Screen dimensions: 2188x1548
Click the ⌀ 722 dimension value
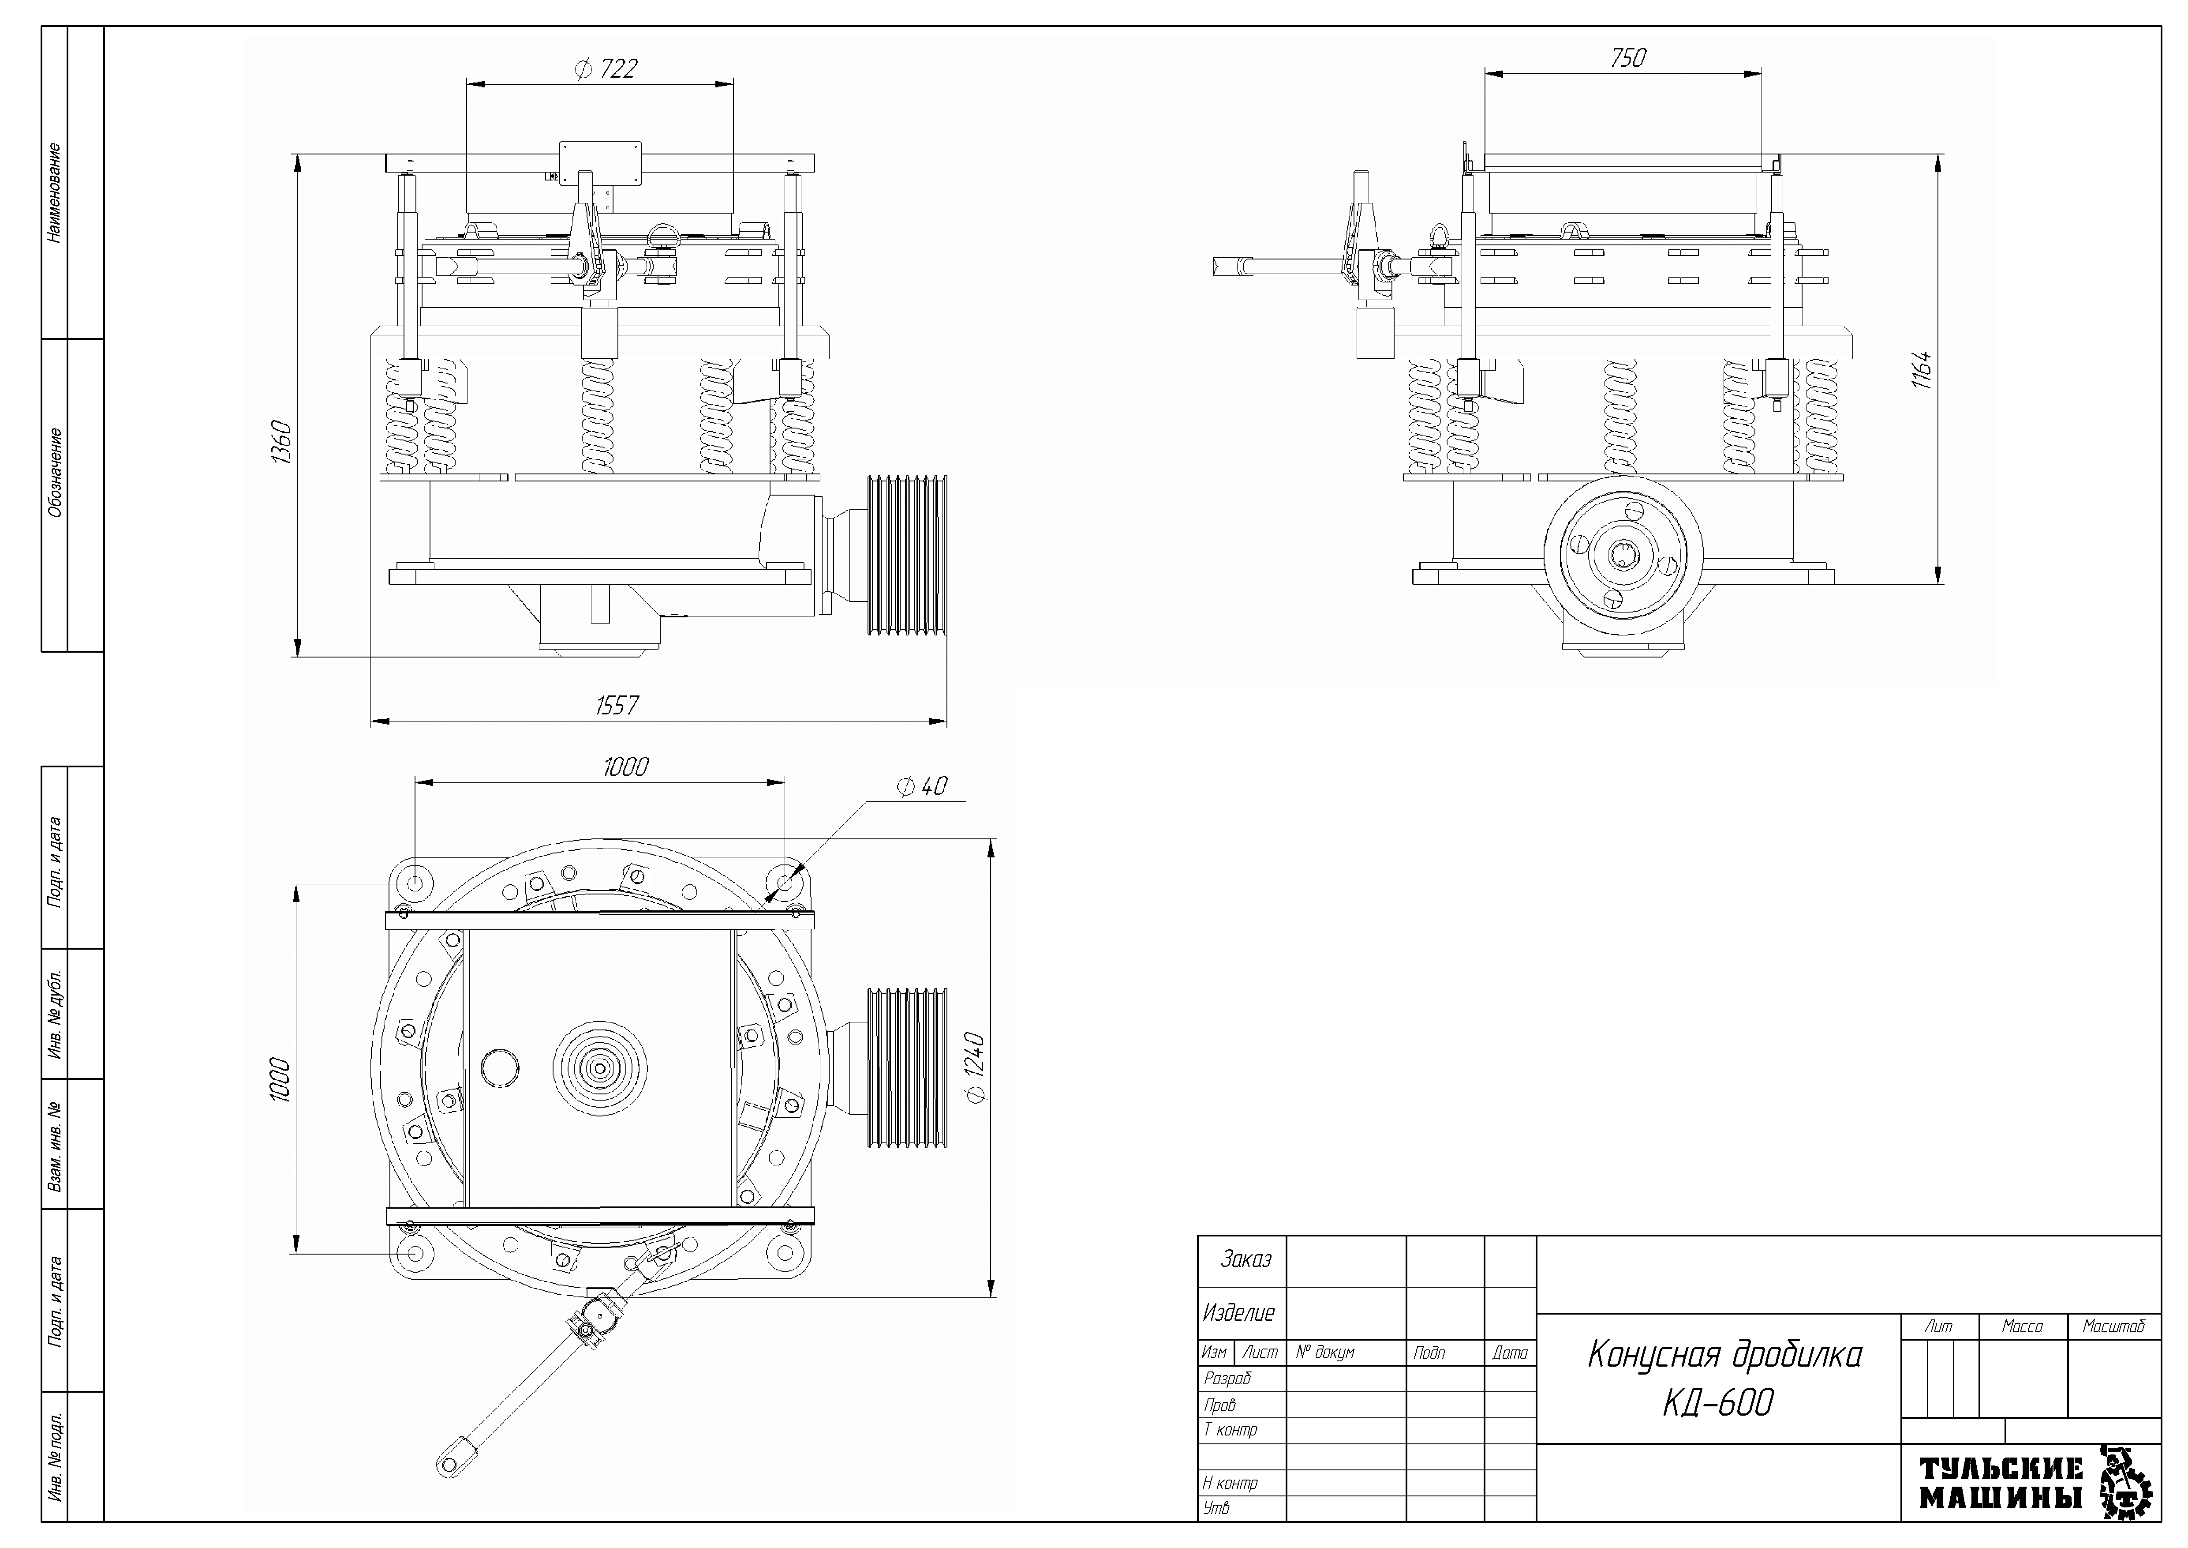coord(606,69)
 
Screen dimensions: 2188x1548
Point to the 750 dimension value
coord(1627,58)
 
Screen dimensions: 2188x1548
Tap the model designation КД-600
coord(1718,1403)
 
